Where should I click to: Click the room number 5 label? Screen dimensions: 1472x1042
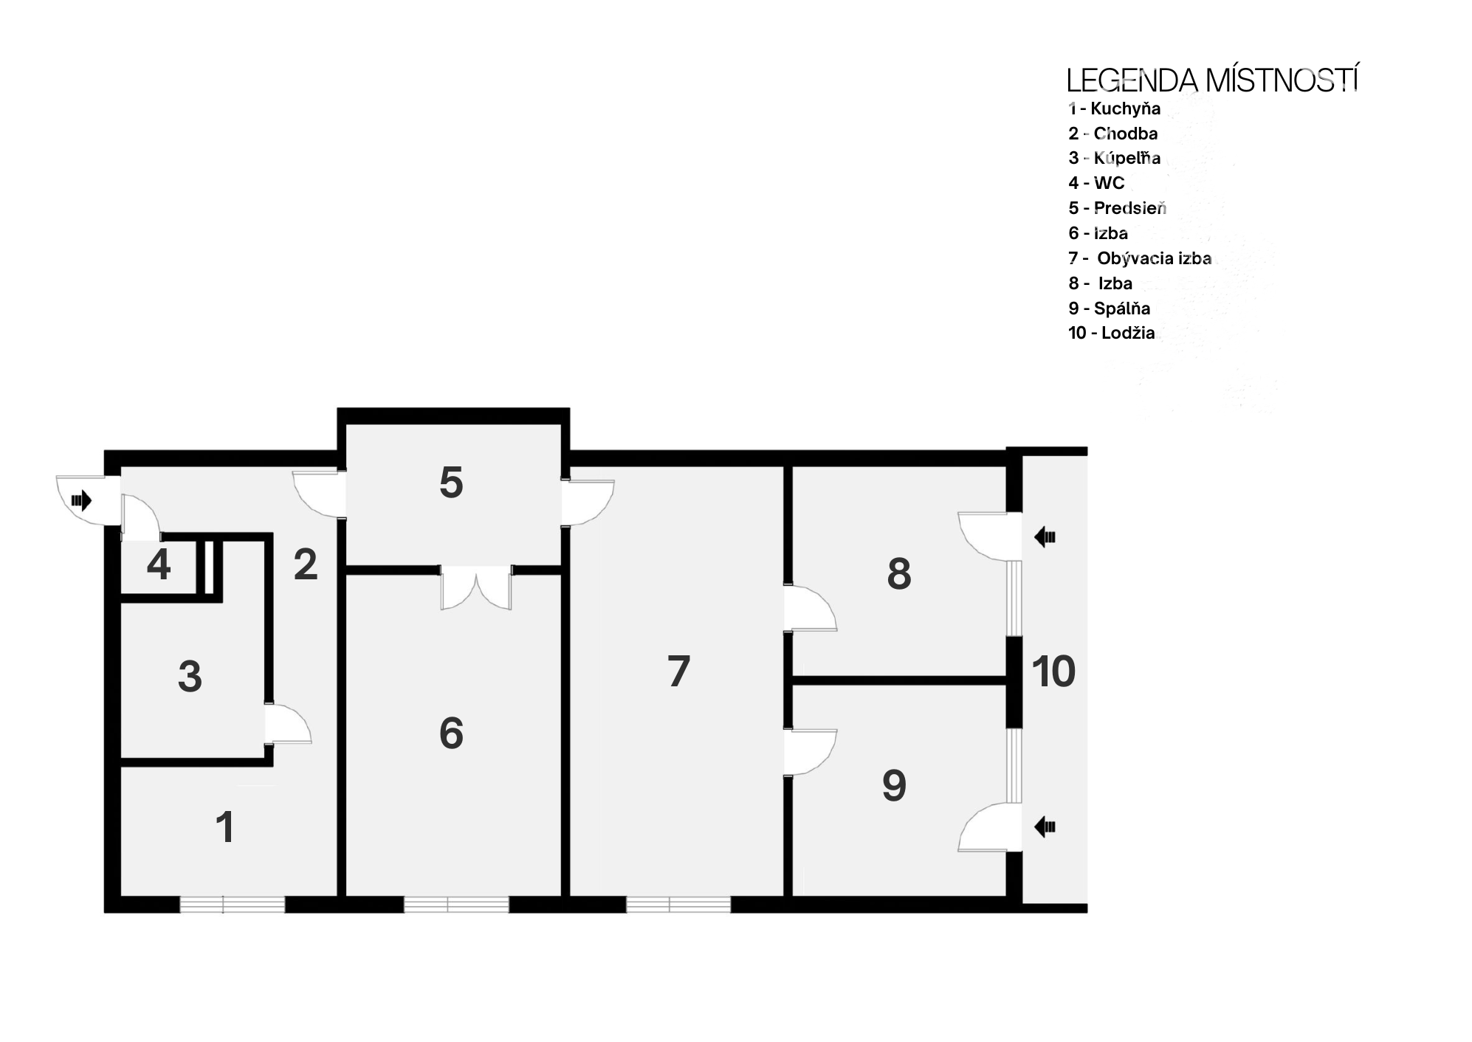click(451, 483)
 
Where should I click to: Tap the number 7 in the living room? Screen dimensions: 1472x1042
click(678, 671)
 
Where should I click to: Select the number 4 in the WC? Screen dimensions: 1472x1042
click(159, 565)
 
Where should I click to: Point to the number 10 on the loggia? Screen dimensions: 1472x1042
click(1053, 672)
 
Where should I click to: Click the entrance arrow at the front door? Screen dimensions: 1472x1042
click(81, 500)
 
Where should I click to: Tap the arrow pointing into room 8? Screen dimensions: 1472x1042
click(1045, 536)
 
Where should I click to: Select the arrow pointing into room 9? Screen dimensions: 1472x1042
click(1045, 827)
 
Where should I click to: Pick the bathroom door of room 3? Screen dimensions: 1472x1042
click(288, 724)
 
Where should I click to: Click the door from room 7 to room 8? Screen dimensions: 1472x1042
click(810, 607)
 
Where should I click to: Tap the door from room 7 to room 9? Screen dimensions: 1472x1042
click(810, 751)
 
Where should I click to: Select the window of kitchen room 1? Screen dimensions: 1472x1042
click(233, 904)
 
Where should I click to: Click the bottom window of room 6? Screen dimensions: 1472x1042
click(456, 904)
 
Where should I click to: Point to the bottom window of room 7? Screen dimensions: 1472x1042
click(678, 904)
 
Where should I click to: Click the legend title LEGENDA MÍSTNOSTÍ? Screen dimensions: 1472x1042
click(1212, 80)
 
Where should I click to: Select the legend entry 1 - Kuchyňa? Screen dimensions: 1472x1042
click(1114, 109)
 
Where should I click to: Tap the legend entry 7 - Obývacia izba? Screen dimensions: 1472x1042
click(1140, 258)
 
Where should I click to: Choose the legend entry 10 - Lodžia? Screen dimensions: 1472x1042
click(1111, 333)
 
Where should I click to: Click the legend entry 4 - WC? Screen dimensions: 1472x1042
click(1096, 183)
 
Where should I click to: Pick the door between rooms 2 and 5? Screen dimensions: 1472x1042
click(319, 494)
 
